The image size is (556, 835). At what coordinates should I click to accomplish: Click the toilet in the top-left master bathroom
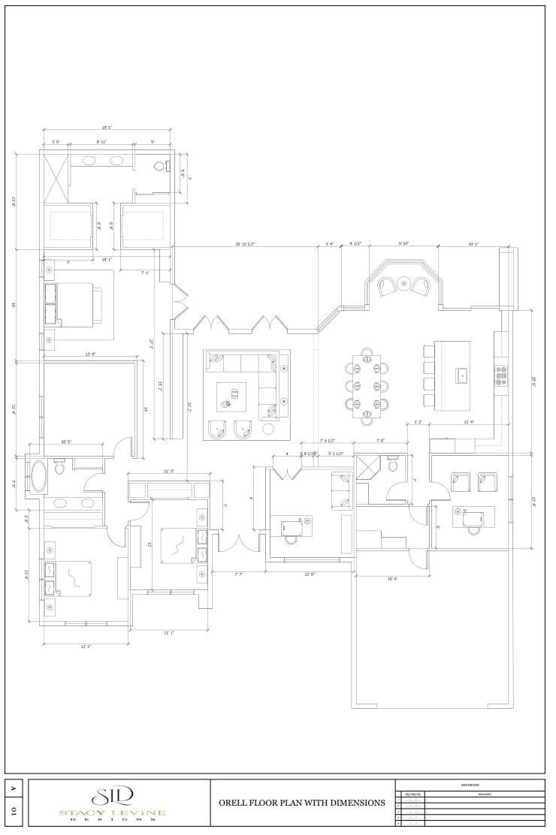pyautogui.click(x=159, y=166)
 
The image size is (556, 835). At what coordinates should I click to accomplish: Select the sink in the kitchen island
pyautogui.click(x=462, y=373)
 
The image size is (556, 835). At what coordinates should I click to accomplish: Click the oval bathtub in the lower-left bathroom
pyautogui.click(x=38, y=476)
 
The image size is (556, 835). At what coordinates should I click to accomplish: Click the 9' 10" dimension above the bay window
pyautogui.click(x=403, y=243)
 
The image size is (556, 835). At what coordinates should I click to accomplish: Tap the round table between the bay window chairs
pyautogui.click(x=403, y=284)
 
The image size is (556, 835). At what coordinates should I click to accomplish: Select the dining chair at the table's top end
pyautogui.click(x=367, y=351)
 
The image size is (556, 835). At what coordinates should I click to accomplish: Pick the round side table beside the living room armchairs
pyautogui.click(x=268, y=430)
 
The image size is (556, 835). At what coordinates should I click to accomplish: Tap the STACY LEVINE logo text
pyautogui.click(x=113, y=812)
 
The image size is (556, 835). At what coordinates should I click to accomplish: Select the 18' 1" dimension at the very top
pyautogui.click(x=107, y=128)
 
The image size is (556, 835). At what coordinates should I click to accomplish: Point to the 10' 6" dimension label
pyautogui.click(x=392, y=579)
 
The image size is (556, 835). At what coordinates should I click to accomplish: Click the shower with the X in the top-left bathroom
pyautogui.click(x=54, y=176)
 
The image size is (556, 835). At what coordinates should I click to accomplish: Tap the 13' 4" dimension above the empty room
pyautogui.click(x=90, y=354)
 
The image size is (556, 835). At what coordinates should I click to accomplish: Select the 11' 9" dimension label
pyautogui.click(x=170, y=472)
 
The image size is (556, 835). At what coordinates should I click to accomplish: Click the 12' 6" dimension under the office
pyautogui.click(x=309, y=574)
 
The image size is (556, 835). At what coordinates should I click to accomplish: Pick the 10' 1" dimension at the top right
pyautogui.click(x=473, y=244)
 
